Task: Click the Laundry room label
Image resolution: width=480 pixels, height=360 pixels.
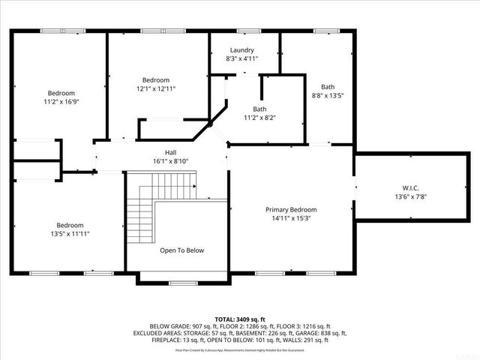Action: click(x=243, y=49)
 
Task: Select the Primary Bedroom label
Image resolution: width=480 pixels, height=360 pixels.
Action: click(x=291, y=210)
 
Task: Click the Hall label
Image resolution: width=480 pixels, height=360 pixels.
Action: click(x=170, y=151)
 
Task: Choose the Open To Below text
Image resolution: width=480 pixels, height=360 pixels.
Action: click(x=181, y=250)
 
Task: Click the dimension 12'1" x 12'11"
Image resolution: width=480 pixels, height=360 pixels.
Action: click(x=156, y=88)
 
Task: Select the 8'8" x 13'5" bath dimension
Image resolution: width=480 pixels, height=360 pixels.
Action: click(x=328, y=95)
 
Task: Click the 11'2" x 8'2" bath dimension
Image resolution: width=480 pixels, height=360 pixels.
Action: click(x=259, y=118)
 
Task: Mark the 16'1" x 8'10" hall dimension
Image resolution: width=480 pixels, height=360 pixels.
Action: click(x=170, y=160)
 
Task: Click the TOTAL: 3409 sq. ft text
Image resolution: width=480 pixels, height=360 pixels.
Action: click(x=240, y=319)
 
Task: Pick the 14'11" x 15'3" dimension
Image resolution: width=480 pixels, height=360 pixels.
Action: click(x=291, y=219)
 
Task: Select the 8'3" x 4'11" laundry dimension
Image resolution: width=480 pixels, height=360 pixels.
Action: click(x=243, y=58)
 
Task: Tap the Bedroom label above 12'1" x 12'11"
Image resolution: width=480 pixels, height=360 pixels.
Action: click(x=156, y=79)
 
